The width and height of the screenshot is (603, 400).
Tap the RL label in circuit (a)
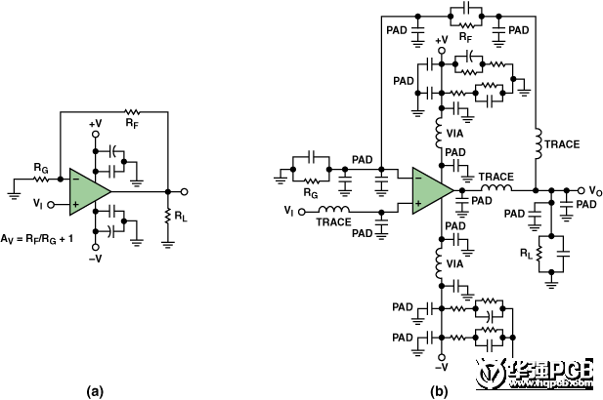pyautogui.click(x=184, y=216)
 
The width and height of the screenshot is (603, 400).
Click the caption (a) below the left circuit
pyautogui.click(x=95, y=390)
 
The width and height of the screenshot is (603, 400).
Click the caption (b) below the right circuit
pyautogui.click(x=440, y=390)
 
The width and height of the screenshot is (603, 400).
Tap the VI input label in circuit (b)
pyautogui.click(x=287, y=210)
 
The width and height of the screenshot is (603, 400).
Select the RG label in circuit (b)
pyautogui.click(x=312, y=192)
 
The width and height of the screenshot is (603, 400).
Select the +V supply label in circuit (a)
pyautogui.click(x=96, y=125)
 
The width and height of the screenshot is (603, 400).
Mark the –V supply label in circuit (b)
pyautogui.click(x=443, y=366)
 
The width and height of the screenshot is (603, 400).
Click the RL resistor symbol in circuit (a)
pyautogui.click(x=168, y=215)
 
